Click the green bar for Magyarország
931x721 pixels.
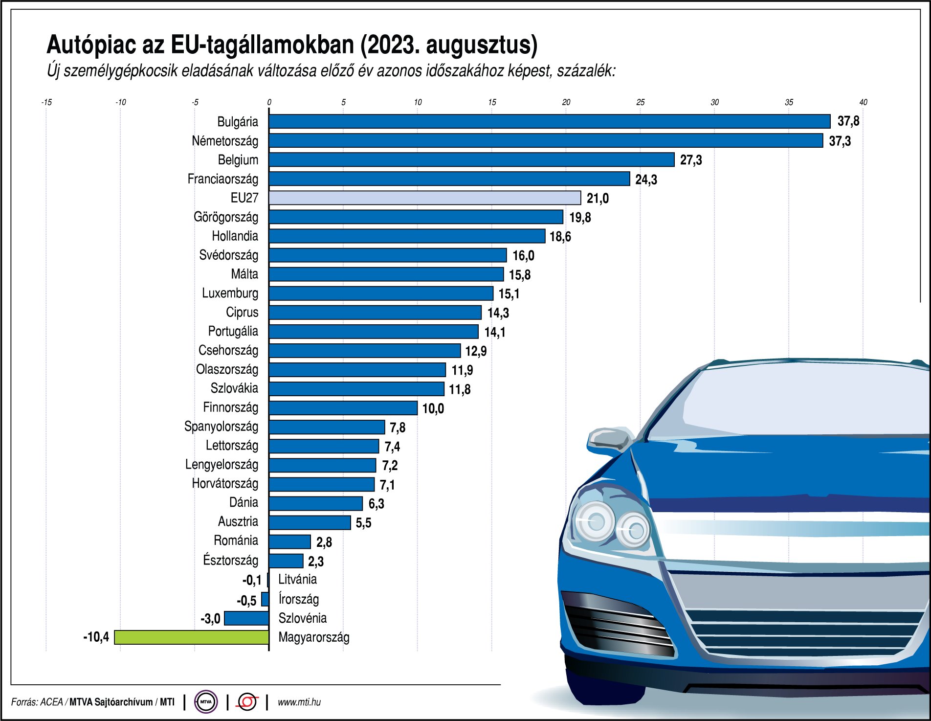click(192, 637)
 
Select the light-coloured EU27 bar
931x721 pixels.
click(424, 198)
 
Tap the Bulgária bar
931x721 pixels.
click(549, 121)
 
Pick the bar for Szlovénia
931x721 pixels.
click(246, 618)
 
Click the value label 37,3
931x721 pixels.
click(840, 141)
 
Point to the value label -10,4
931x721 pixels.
click(96, 637)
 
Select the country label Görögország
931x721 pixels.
click(225, 217)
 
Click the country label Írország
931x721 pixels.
click(298, 599)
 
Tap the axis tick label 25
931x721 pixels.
click(640, 102)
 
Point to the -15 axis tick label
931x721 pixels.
click(46, 102)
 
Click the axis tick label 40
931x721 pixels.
click(863, 102)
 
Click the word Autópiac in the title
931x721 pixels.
click(91, 45)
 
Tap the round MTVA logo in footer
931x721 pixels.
click(206, 702)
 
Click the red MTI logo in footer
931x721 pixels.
click(247, 702)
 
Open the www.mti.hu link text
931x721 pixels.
click(299, 702)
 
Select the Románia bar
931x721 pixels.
click(289, 541)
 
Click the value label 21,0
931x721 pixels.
click(598, 199)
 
